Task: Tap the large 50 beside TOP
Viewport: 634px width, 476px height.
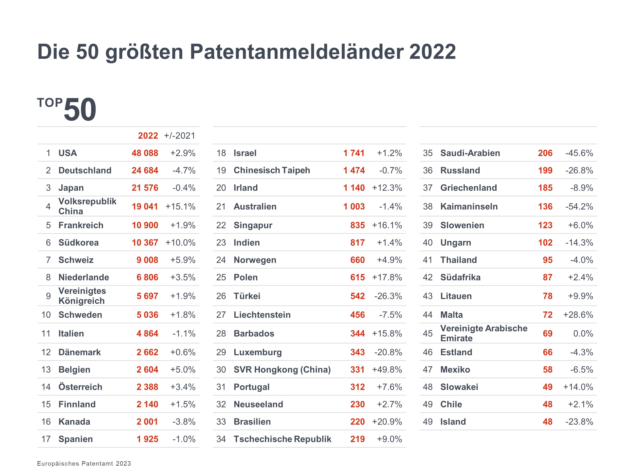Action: coord(80,110)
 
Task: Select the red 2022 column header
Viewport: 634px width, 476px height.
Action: coord(148,136)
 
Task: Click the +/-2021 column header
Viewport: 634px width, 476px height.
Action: coord(179,136)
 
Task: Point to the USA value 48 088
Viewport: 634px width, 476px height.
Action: coord(145,153)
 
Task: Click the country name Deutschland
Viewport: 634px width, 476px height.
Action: coord(85,171)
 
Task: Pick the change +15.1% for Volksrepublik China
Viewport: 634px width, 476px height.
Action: coord(180,206)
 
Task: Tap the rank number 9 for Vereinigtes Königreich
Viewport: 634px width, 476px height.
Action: coord(48,296)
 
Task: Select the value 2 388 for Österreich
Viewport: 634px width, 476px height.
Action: coord(147,387)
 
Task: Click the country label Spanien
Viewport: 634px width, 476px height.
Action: coord(76,439)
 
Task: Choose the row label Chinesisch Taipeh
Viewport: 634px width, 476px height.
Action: coord(272,171)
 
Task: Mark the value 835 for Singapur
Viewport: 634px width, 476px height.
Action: coord(357,225)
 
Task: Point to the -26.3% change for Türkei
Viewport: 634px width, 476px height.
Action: coord(388,296)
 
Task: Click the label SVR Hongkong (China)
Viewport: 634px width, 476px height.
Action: coord(282,370)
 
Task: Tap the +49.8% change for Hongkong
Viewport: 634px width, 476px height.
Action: coord(387,370)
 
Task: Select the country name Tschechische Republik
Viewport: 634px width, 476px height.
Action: coord(282,439)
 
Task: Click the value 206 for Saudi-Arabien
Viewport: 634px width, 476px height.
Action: coord(545,153)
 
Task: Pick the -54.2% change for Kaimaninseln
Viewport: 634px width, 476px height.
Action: coord(579,206)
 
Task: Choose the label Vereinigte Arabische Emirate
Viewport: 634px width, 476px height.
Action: coord(484,333)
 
